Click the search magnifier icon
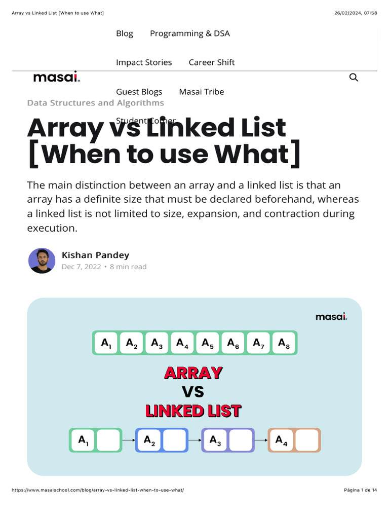(354, 78)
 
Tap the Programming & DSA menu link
(190, 33)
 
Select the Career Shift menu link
(212, 62)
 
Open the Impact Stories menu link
(144, 62)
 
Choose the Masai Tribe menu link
(202, 92)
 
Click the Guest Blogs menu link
(139, 92)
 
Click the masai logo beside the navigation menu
(56, 78)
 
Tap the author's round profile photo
(42, 261)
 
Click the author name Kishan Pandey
(95, 255)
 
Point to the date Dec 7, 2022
(81, 267)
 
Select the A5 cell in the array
(208, 343)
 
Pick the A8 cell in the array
(284, 343)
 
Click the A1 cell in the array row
(106, 343)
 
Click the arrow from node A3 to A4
(261, 440)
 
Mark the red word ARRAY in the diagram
(193, 373)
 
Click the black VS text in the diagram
(193, 392)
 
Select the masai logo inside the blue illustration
(331, 317)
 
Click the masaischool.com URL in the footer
(98, 490)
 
